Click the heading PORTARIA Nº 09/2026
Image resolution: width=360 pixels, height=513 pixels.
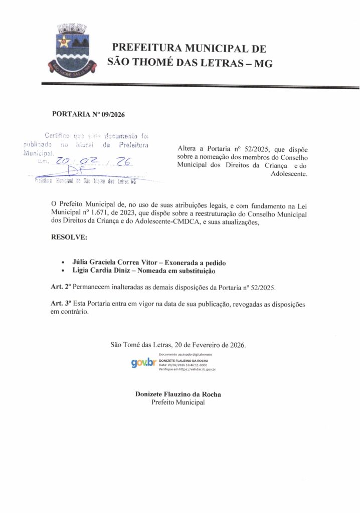[88, 114]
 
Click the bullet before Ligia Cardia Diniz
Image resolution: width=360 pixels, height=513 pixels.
[62, 272]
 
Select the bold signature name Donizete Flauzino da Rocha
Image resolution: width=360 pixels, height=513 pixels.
[178, 394]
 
